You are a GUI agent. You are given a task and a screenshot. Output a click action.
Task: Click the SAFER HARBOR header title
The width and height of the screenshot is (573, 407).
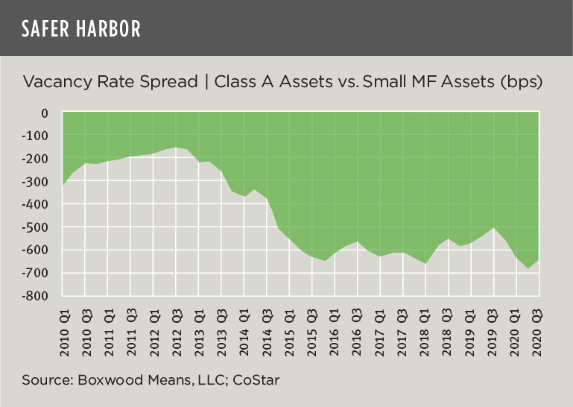pyautogui.click(x=80, y=28)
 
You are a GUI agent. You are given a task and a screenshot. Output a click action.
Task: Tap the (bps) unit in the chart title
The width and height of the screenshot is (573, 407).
pyautogui.click(x=521, y=81)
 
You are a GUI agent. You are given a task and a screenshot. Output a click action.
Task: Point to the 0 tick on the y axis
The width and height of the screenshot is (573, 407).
pyautogui.click(x=45, y=113)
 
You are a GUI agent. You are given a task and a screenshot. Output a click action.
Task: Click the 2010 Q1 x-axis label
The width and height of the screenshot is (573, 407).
pyautogui.click(x=63, y=327)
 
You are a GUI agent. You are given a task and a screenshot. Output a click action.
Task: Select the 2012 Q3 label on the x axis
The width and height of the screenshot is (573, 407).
pyautogui.click(x=176, y=327)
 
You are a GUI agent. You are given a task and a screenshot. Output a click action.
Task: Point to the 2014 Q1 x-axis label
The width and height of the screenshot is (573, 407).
pyautogui.click(x=244, y=327)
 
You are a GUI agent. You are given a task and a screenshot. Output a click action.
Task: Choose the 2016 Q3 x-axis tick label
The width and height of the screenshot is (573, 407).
pyautogui.click(x=357, y=327)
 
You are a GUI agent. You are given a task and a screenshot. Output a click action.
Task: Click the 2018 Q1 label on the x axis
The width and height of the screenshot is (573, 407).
pyautogui.click(x=425, y=327)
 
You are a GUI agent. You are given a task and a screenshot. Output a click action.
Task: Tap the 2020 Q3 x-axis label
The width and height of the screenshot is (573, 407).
pyautogui.click(x=537, y=327)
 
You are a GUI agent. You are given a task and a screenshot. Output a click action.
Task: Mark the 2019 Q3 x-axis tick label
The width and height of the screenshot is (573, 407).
pyautogui.click(x=493, y=327)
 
